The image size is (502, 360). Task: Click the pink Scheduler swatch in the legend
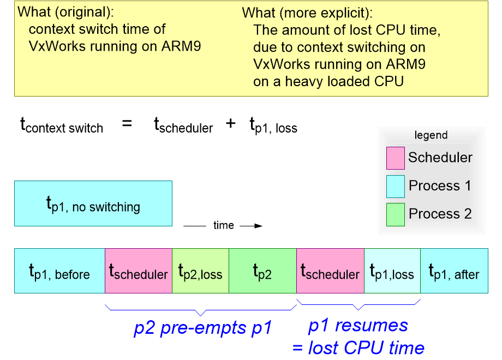pos(395,158)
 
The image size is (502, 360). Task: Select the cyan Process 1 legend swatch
pos(395,186)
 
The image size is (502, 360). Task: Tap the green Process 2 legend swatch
pos(395,214)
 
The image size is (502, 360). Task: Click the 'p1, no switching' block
pos(93,203)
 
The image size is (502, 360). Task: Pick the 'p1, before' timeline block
pos(59,271)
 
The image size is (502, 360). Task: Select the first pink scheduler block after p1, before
pos(138,271)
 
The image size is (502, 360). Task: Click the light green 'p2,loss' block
pos(200,271)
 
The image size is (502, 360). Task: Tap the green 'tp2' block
pos(262,271)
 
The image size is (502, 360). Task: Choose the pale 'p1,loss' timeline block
pos(392,271)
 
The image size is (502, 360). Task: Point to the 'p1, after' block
pos(454,271)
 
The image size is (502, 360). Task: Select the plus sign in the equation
pos(231,124)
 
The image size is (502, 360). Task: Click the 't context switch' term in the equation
pos(62,125)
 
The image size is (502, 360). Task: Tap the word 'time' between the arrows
pos(223,225)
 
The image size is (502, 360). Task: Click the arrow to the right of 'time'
pos(251,225)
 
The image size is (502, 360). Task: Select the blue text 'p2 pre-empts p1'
pos(202,328)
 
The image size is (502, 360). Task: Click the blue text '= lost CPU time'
pos(358,347)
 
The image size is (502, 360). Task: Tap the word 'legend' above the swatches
pos(431,135)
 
